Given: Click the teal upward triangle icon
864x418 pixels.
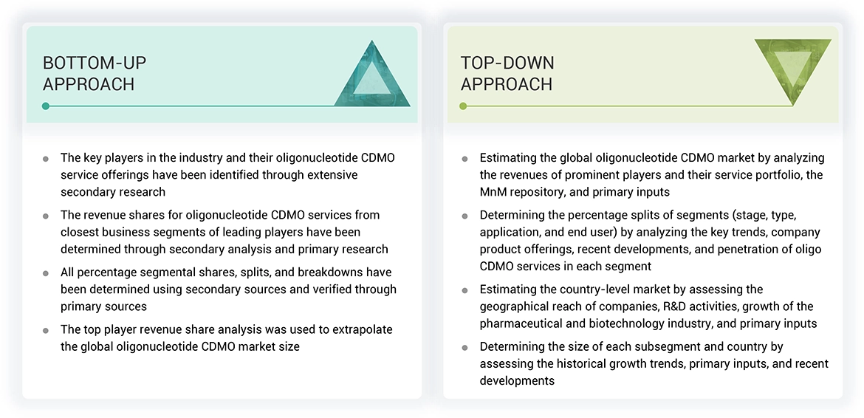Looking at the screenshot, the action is point(372,77).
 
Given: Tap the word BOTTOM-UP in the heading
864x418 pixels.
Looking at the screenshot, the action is point(95,63).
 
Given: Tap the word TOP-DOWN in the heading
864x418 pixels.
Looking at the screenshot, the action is point(507,63).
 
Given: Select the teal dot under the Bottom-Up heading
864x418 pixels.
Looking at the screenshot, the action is point(46,106).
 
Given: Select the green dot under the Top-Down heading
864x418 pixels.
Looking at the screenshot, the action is point(463,106).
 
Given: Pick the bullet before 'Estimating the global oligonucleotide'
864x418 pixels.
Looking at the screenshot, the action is point(464,159).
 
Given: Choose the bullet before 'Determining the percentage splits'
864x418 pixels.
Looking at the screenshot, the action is point(464,216).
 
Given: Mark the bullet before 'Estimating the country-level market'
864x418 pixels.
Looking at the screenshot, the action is point(464,290).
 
